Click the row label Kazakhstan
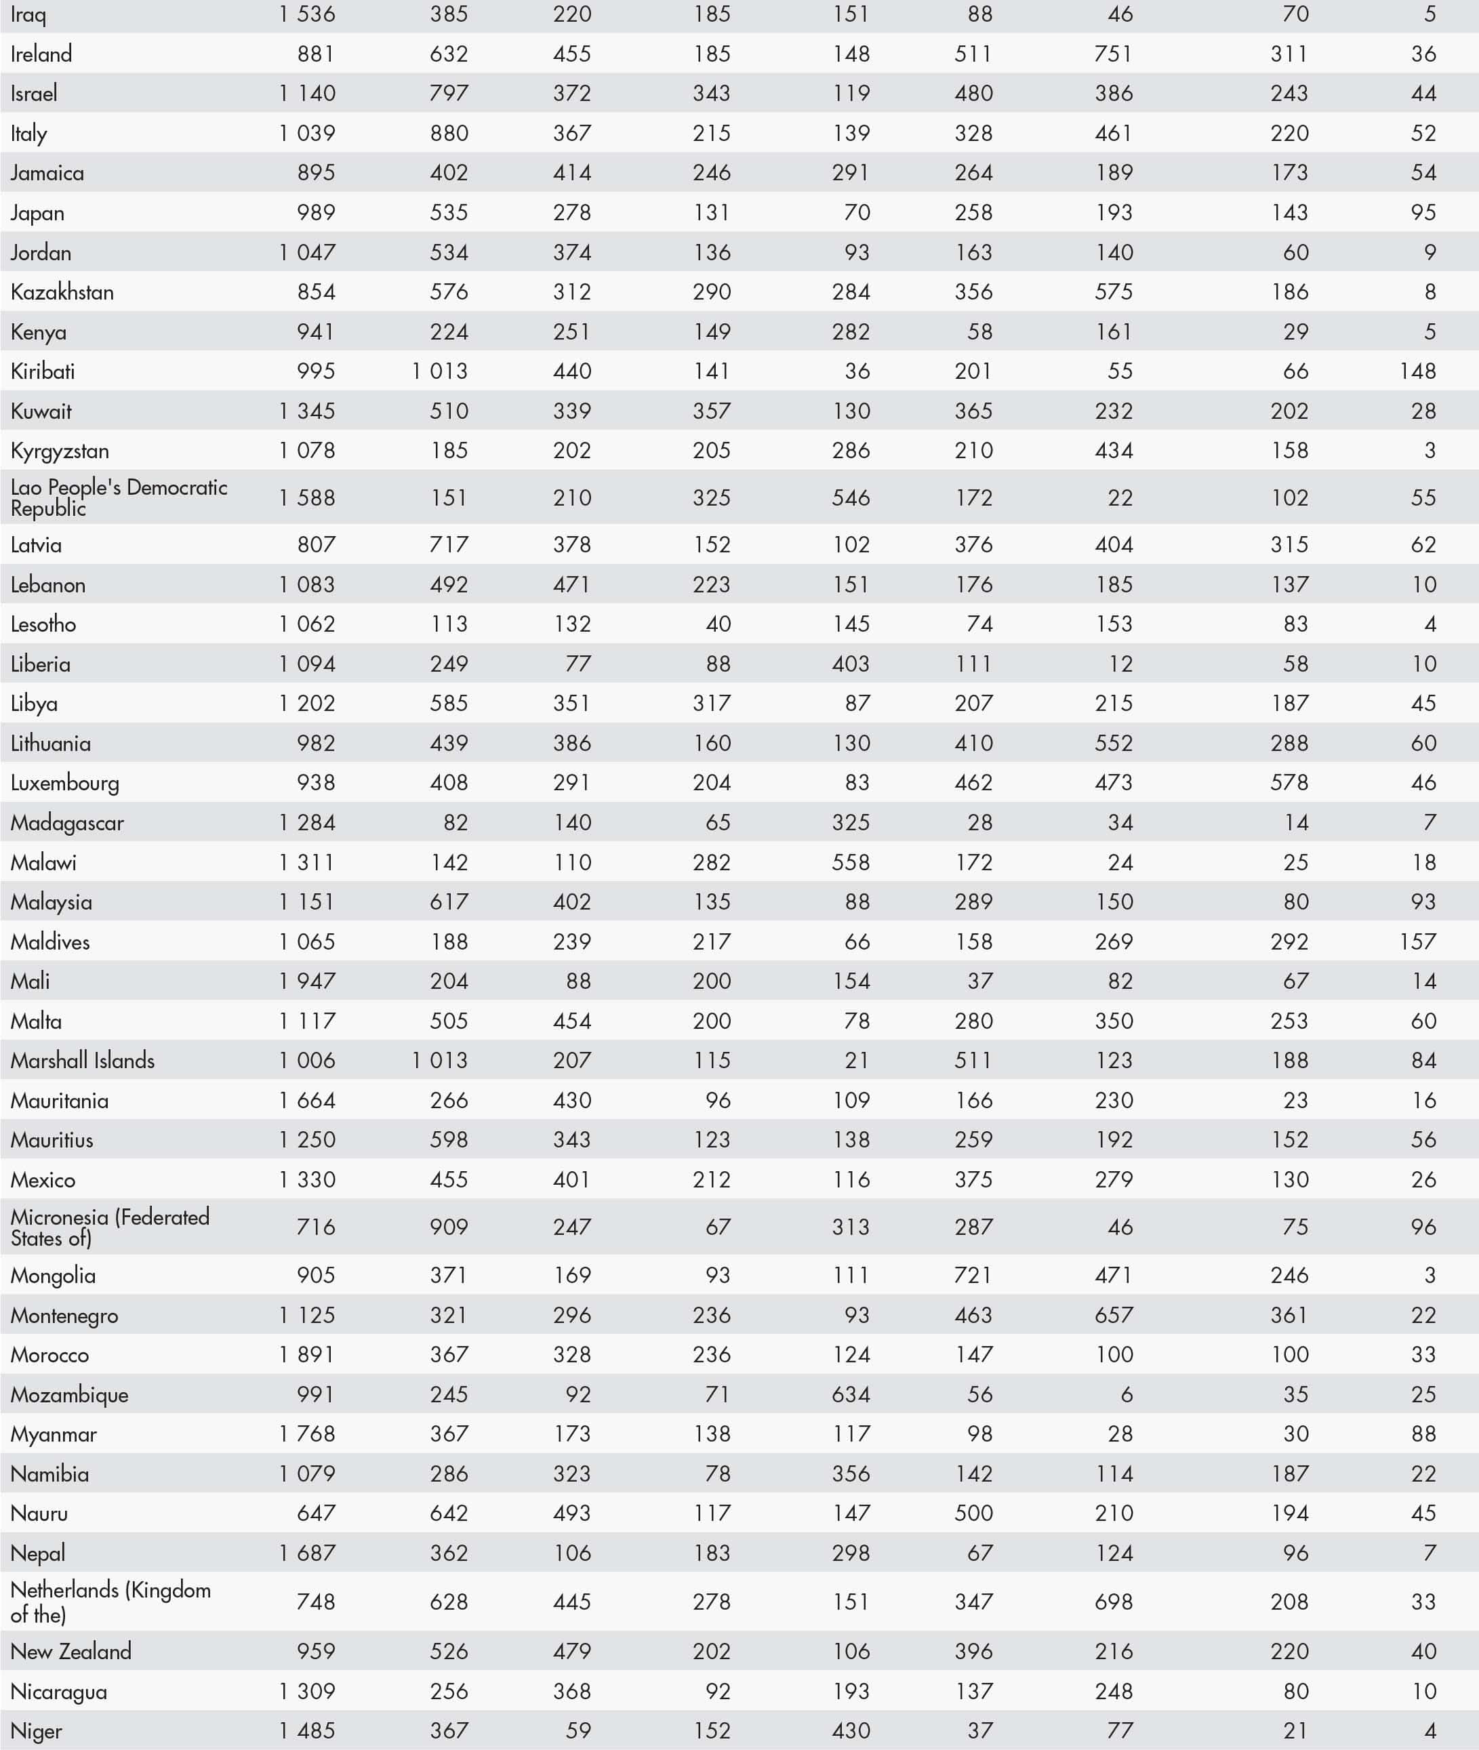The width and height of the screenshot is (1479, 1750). tap(62, 292)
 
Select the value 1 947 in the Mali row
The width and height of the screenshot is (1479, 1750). tap(307, 981)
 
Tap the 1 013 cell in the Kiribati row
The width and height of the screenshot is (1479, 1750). tap(439, 371)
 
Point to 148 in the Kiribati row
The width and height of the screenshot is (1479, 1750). tap(1417, 371)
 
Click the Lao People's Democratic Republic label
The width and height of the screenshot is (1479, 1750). tap(118, 497)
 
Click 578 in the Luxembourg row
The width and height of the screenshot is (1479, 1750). tap(1289, 782)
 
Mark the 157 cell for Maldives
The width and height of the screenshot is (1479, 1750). tap(1417, 941)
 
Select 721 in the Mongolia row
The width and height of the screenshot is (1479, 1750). tap(973, 1276)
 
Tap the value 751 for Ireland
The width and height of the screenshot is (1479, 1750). tap(1114, 54)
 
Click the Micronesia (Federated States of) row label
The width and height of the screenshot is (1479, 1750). tap(109, 1227)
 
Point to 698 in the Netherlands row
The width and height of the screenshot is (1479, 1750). tap(1114, 1602)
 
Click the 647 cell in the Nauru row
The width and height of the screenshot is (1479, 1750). tap(316, 1513)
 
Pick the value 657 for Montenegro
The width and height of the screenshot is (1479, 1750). tap(1114, 1315)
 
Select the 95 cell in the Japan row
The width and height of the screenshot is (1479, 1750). tap(1423, 212)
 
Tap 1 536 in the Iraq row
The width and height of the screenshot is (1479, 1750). tap(307, 14)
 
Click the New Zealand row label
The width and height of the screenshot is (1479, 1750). tap(70, 1651)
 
